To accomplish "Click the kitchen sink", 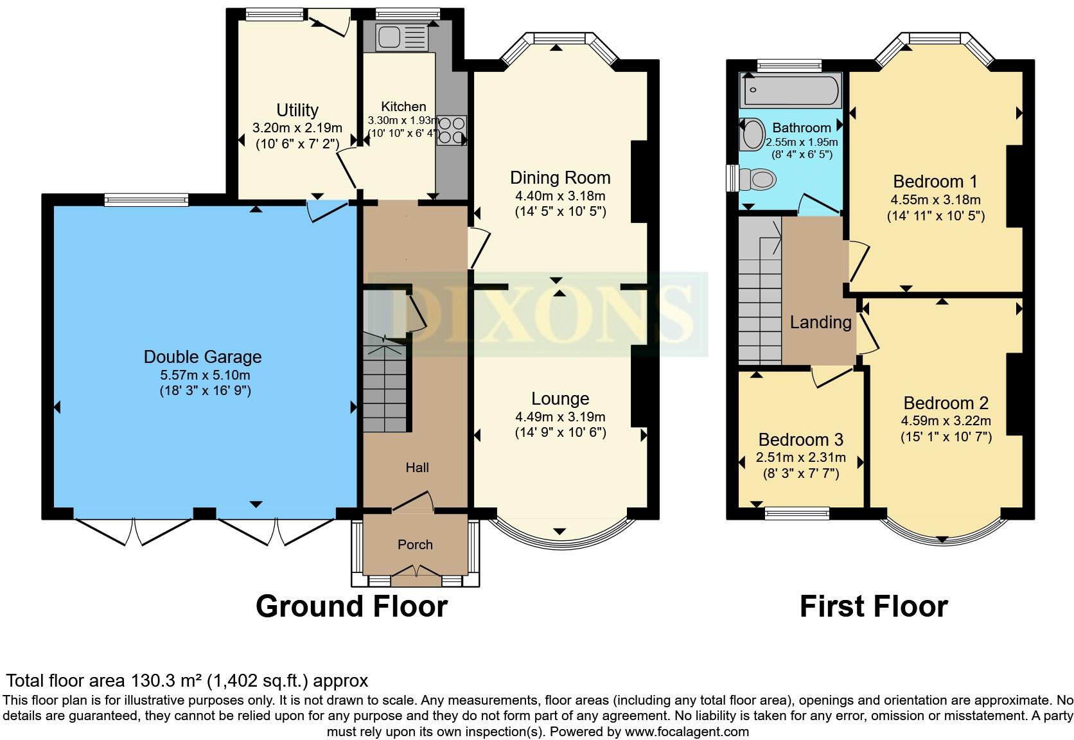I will (x=401, y=37).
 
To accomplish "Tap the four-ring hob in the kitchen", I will (x=452, y=130).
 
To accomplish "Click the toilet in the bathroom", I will (x=755, y=179).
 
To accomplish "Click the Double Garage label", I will (x=202, y=357).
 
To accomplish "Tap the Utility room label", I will (x=297, y=110).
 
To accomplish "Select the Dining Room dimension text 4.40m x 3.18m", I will (x=559, y=196).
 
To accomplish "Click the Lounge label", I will (x=559, y=399).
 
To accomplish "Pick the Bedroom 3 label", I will (x=800, y=440).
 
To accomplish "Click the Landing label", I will (x=820, y=322).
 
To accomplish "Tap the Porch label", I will (x=415, y=545).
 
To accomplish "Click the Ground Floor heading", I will (x=351, y=606).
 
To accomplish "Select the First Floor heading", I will (x=873, y=606).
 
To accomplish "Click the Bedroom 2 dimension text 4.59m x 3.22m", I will (x=946, y=421).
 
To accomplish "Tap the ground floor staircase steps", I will (x=385, y=392).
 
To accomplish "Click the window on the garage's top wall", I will (x=146, y=200).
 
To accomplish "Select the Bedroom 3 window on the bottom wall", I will (x=797, y=513).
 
